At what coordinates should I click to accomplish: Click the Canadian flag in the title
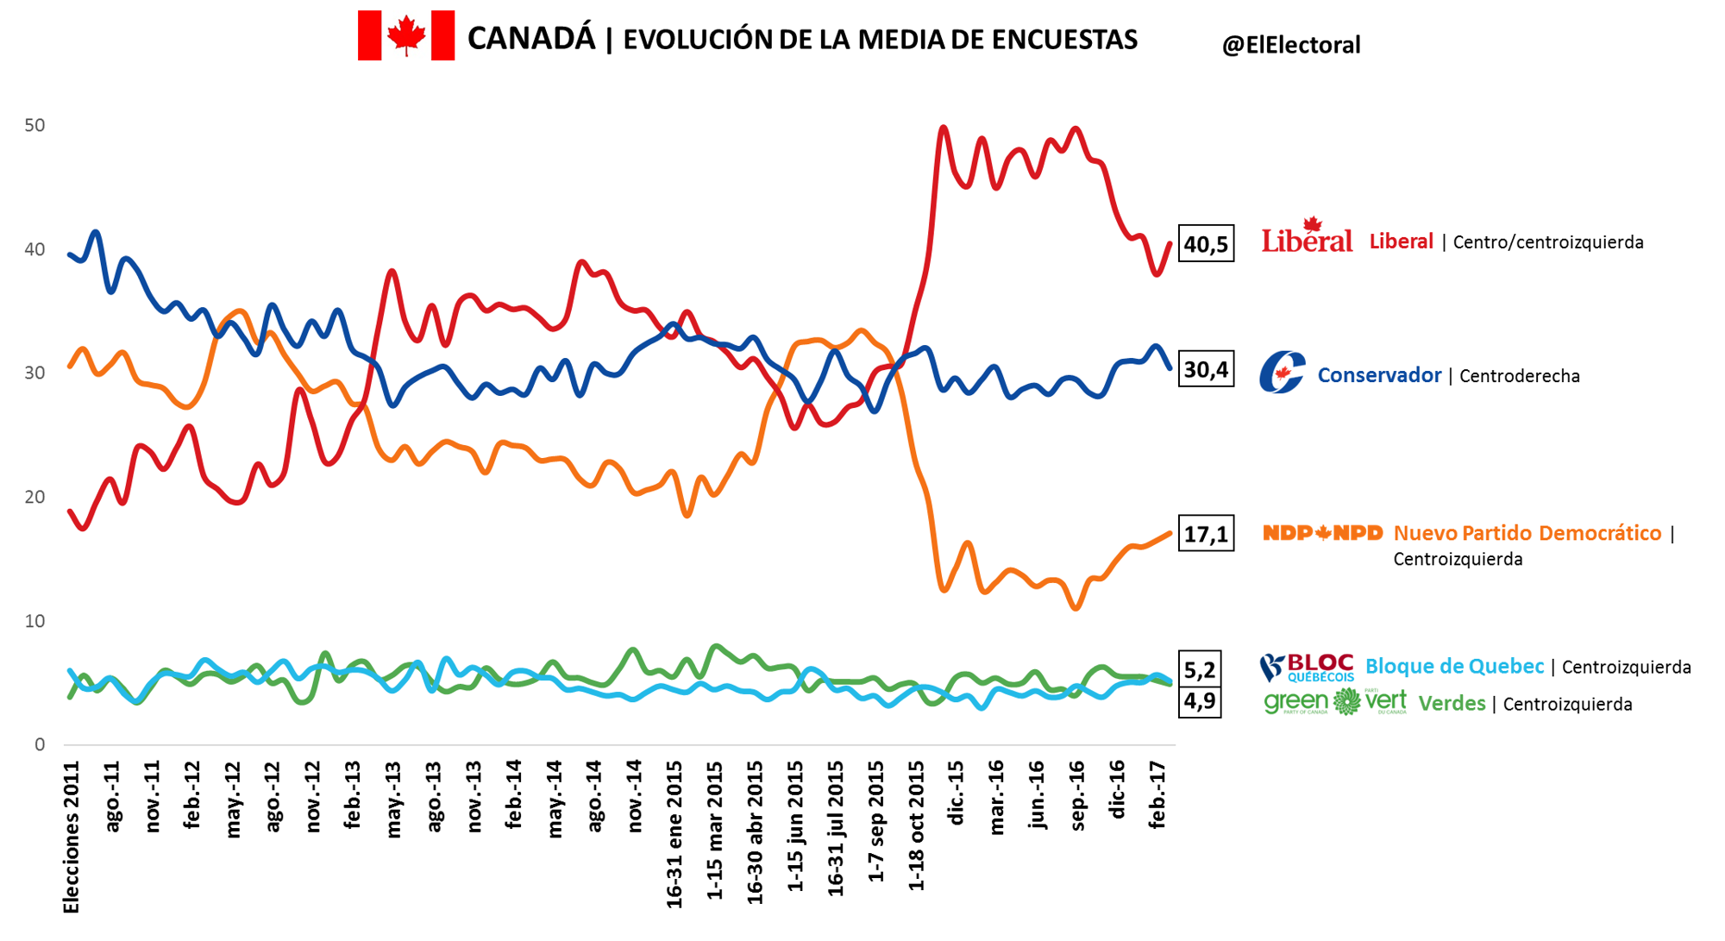tap(406, 35)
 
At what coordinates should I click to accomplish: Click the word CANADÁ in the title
tap(531, 39)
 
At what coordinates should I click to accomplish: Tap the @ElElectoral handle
tap(1290, 45)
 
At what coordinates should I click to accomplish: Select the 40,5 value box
tap(1206, 244)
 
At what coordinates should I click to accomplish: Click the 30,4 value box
tap(1206, 369)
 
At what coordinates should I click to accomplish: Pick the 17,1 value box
tap(1206, 534)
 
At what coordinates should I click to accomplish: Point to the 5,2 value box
tap(1200, 669)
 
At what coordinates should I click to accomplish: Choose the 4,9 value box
tap(1200, 700)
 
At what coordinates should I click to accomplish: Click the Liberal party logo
tap(1307, 235)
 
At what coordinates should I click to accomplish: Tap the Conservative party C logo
tap(1282, 373)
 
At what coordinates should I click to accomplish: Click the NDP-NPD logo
tap(1322, 533)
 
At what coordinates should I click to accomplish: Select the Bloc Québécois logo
tap(1306, 667)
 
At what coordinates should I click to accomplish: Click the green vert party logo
tap(1334, 702)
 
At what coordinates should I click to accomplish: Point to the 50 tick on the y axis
tap(34, 126)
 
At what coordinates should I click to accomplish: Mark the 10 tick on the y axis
tap(34, 621)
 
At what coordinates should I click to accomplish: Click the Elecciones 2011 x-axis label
tap(72, 836)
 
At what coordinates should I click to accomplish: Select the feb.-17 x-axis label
tap(1157, 794)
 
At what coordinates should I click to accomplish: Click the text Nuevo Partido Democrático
tap(1527, 533)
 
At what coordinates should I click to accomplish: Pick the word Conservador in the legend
tap(1378, 375)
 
